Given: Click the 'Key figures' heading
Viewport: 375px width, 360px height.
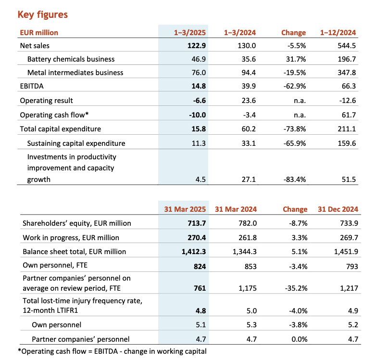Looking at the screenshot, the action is [x=43, y=14].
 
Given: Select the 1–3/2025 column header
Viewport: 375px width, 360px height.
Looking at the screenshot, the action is [x=189, y=33].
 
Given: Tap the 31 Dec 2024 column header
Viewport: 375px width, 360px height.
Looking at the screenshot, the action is [x=338, y=209].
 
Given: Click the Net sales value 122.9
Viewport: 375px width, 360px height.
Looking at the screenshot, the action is [x=196, y=45].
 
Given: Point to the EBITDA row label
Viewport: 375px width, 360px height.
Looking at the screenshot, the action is [x=32, y=86].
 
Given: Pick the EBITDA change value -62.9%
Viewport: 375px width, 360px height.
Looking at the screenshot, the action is [x=295, y=86].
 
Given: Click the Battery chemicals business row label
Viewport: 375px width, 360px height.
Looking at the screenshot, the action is [x=71, y=59].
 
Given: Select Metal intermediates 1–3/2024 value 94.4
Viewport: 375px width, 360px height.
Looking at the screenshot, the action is [x=249, y=73].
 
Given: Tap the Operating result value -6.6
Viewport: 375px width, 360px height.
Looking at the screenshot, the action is [x=200, y=101].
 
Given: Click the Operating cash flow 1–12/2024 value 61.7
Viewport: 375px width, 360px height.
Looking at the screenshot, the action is [x=349, y=115].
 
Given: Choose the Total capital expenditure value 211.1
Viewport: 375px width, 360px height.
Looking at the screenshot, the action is [x=347, y=129].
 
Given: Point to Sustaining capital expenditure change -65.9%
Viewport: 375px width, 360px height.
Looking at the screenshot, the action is [x=295, y=143].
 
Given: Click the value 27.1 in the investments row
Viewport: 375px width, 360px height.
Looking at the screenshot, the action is [x=249, y=180].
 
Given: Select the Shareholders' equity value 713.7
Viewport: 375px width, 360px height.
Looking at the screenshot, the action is [x=197, y=223].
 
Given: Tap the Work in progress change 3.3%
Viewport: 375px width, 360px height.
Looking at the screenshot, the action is [x=300, y=237].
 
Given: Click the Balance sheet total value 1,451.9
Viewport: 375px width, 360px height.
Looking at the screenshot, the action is [x=346, y=252].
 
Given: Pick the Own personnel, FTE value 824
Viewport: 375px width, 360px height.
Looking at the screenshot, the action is [x=200, y=267].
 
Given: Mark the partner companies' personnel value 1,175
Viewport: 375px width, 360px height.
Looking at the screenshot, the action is [x=248, y=288].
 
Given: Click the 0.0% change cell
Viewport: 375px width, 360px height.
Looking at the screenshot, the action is [x=300, y=339].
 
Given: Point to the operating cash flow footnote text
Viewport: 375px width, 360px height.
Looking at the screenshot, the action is [x=112, y=351].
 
